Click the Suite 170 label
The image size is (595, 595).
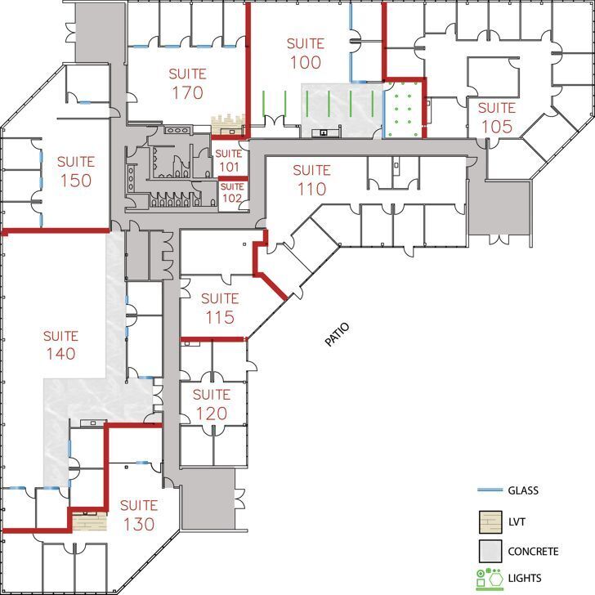click(x=187, y=83)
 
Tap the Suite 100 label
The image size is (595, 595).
click(x=305, y=52)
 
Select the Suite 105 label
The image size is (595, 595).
click(x=496, y=117)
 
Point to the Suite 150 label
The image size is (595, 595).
click(x=75, y=171)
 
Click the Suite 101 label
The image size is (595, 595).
click(x=229, y=159)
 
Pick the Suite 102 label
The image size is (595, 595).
click(x=232, y=193)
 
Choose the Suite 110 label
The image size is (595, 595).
click(x=311, y=180)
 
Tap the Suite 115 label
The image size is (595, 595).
click(x=219, y=308)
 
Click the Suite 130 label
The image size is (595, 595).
click(x=138, y=514)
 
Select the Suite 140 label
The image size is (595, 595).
click(x=60, y=344)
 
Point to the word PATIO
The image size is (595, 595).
click(x=337, y=335)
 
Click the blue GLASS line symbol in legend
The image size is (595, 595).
click(x=489, y=490)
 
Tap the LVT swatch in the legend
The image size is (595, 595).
click(x=489, y=521)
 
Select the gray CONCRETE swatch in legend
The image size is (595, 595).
click(x=489, y=551)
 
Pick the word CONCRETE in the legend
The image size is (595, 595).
click(x=533, y=551)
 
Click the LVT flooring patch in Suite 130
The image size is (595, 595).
click(x=88, y=521)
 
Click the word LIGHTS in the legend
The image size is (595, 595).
click(x=524, y=579)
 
